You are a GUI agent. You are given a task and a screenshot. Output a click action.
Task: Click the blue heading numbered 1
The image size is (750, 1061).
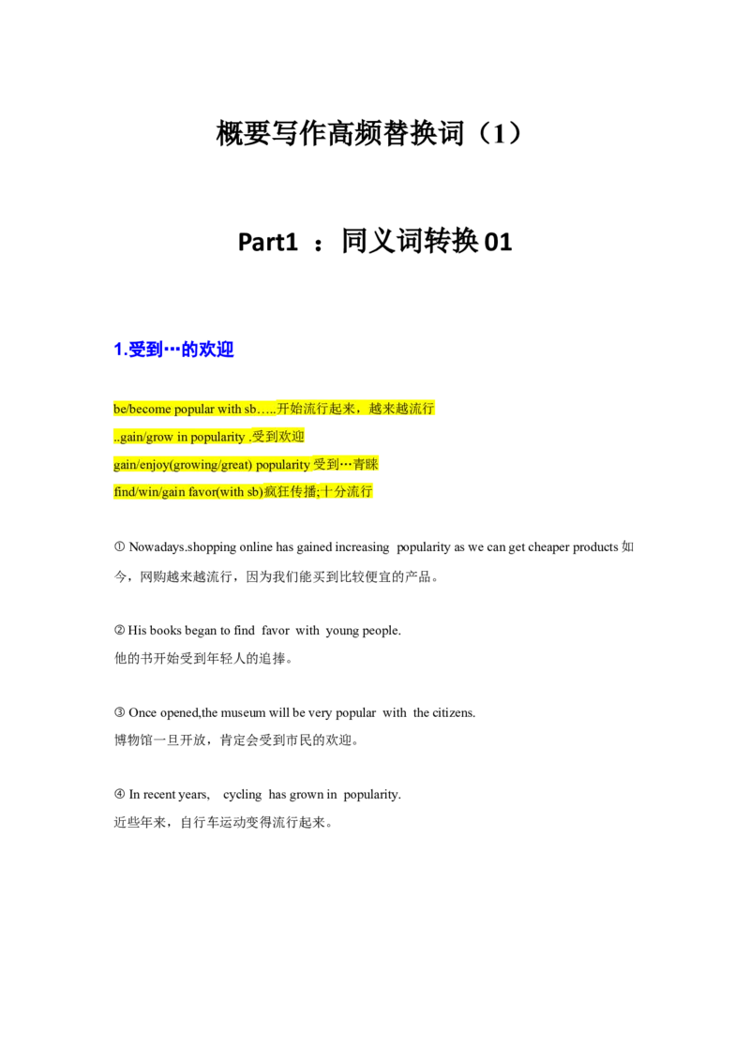pos(174,350)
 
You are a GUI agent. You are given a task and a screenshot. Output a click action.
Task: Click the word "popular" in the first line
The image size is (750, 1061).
pos(194,409)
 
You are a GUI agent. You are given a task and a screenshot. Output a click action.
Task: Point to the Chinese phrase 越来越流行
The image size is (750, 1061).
pos(402,409)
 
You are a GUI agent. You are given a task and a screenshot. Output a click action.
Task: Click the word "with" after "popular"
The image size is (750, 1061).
pos(230,409)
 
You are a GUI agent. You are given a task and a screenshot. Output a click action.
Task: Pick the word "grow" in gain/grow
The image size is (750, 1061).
pos(159,437)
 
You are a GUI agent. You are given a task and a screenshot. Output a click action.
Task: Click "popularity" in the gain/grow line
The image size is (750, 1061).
pos(218,437)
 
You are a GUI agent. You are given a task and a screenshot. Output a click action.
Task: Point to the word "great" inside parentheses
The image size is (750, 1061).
pos(235,465)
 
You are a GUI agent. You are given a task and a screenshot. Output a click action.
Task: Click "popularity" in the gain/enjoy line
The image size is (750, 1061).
pos(282,465)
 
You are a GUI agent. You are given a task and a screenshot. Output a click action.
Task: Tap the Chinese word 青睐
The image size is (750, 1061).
pos(366,465)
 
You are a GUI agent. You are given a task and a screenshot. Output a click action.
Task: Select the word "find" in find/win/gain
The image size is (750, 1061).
pos(123,492)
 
